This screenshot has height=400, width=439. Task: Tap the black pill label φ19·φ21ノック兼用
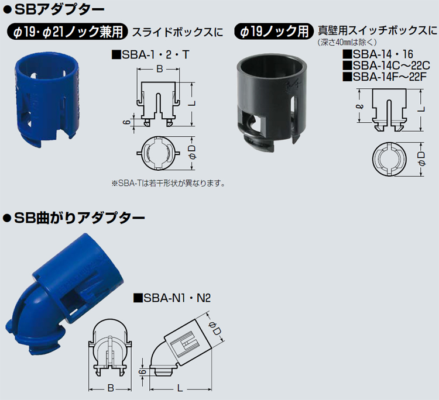pyautogui.click(x=67, y=32)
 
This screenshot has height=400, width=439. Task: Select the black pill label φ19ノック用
pyautogui.click(x=274, y=32)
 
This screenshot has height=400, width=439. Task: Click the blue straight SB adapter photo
pyautogui.click(x=46, y=99)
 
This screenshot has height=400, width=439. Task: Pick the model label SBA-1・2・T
pyautogui.click(x=150, y=54)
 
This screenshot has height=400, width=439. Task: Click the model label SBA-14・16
pyautogui.click(x=378, y=54)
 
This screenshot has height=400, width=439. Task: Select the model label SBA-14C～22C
pyautogui.click(x=386, y=65)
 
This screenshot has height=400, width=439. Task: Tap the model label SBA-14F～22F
pyautogui.click(x=385, y=77)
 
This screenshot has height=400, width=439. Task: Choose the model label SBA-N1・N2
pyautogui.click(x=172, y=298)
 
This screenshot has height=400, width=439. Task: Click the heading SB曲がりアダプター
pyautogui.click(x=74, y=218)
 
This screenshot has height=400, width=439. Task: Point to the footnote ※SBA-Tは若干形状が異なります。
pyautogui.click(x=168, y=183)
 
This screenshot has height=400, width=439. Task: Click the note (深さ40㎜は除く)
pyautogui.click(x=347, y=43)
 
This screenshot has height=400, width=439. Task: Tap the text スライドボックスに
pyautogui.click(x=177, y=32)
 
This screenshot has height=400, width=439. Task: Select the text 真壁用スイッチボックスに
pyautogui.click(x=377, y=30)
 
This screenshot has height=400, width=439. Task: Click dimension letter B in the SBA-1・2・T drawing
pyautogui.click(x=160, y=69)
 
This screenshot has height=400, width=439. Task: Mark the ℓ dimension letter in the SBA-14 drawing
pyautogui.click(x=361, y=106)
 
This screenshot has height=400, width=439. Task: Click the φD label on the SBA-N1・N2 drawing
pyautogui.click(x=216, y=328)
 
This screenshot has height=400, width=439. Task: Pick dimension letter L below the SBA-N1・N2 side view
pyautogui.click(x=180, y=388)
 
